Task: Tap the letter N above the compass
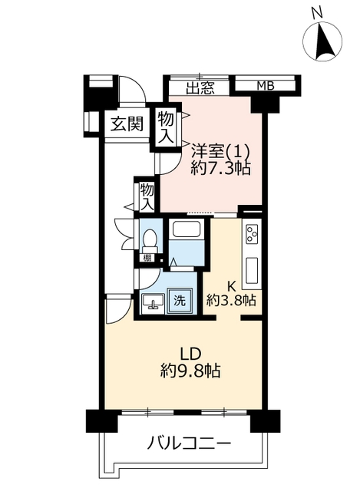coord(317,12)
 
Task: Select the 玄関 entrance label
coord(127,124)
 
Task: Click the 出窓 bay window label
coord(200,88)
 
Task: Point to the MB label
coord(266,85)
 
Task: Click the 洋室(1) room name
coord(220,151)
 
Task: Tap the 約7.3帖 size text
coord(220,169)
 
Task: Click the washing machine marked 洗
coord(180,301)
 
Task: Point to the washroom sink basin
coord(154,303)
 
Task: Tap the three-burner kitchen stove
coord(252,234)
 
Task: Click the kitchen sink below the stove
coord(252,270)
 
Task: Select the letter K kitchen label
coord(231,286)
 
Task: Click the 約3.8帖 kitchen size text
coord(231,300)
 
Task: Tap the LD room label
coord(190,354)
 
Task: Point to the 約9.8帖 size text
coord(190,371)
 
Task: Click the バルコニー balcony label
coord(190,443)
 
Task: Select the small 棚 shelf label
coord(147,258)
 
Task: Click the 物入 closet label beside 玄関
coord(166,128)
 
